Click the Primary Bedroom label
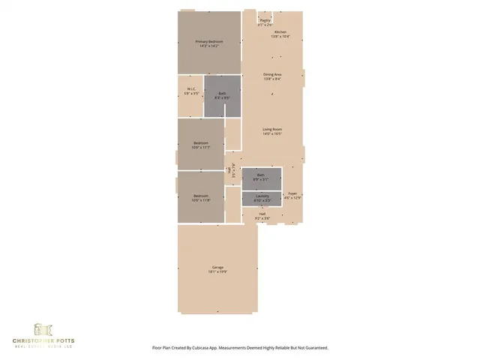[x=210, y=41]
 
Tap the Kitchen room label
[x=280, y=32]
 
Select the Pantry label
[x=265, y=21]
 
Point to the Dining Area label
[x=272, y=74]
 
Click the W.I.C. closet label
[x=191, y=89]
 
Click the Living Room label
[x=271, y=129]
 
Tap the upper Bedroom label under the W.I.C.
[x=201, y=142]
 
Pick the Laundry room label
[x=262, y=196]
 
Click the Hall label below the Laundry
[x=262, y=214]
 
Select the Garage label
[x=217, y=268]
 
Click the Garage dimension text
[x=217, y=272]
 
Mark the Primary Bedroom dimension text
[x=210, y=46]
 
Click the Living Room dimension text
[x=271, y=133]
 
